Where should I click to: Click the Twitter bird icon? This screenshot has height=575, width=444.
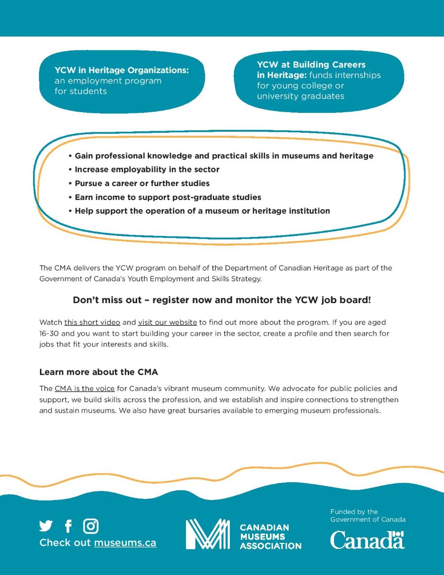tap(46, 526)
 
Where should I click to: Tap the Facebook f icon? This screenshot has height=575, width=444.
tap(68, 526)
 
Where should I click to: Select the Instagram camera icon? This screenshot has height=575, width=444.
tap(91, 526)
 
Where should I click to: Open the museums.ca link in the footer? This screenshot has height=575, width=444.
tap(125, 542)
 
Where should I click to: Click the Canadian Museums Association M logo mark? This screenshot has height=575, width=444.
tap(207, 534)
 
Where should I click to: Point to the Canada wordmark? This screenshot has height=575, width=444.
tap(367, 540)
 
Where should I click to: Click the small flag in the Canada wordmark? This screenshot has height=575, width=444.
tap(398, 534)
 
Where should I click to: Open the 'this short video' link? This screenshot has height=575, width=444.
tap(92, 322)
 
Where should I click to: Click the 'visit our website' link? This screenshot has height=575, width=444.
tap(167, 322)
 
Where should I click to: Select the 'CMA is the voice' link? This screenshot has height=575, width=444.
tap(84, 388)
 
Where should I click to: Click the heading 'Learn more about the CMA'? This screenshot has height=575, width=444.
tap(99, 372)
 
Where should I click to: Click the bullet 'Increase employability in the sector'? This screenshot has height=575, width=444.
tap(147, 169)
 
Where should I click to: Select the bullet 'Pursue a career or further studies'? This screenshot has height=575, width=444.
tap(142, 183)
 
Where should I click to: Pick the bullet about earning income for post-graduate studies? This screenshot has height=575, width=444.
tap(168, 197)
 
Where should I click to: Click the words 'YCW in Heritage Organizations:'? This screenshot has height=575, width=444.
tap(122, 70)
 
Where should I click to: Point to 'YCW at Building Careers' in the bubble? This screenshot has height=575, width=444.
tap(311, 65)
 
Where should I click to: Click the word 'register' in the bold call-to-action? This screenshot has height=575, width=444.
tap(174, 300)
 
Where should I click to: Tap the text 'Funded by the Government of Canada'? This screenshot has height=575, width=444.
tap(368, 515)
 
